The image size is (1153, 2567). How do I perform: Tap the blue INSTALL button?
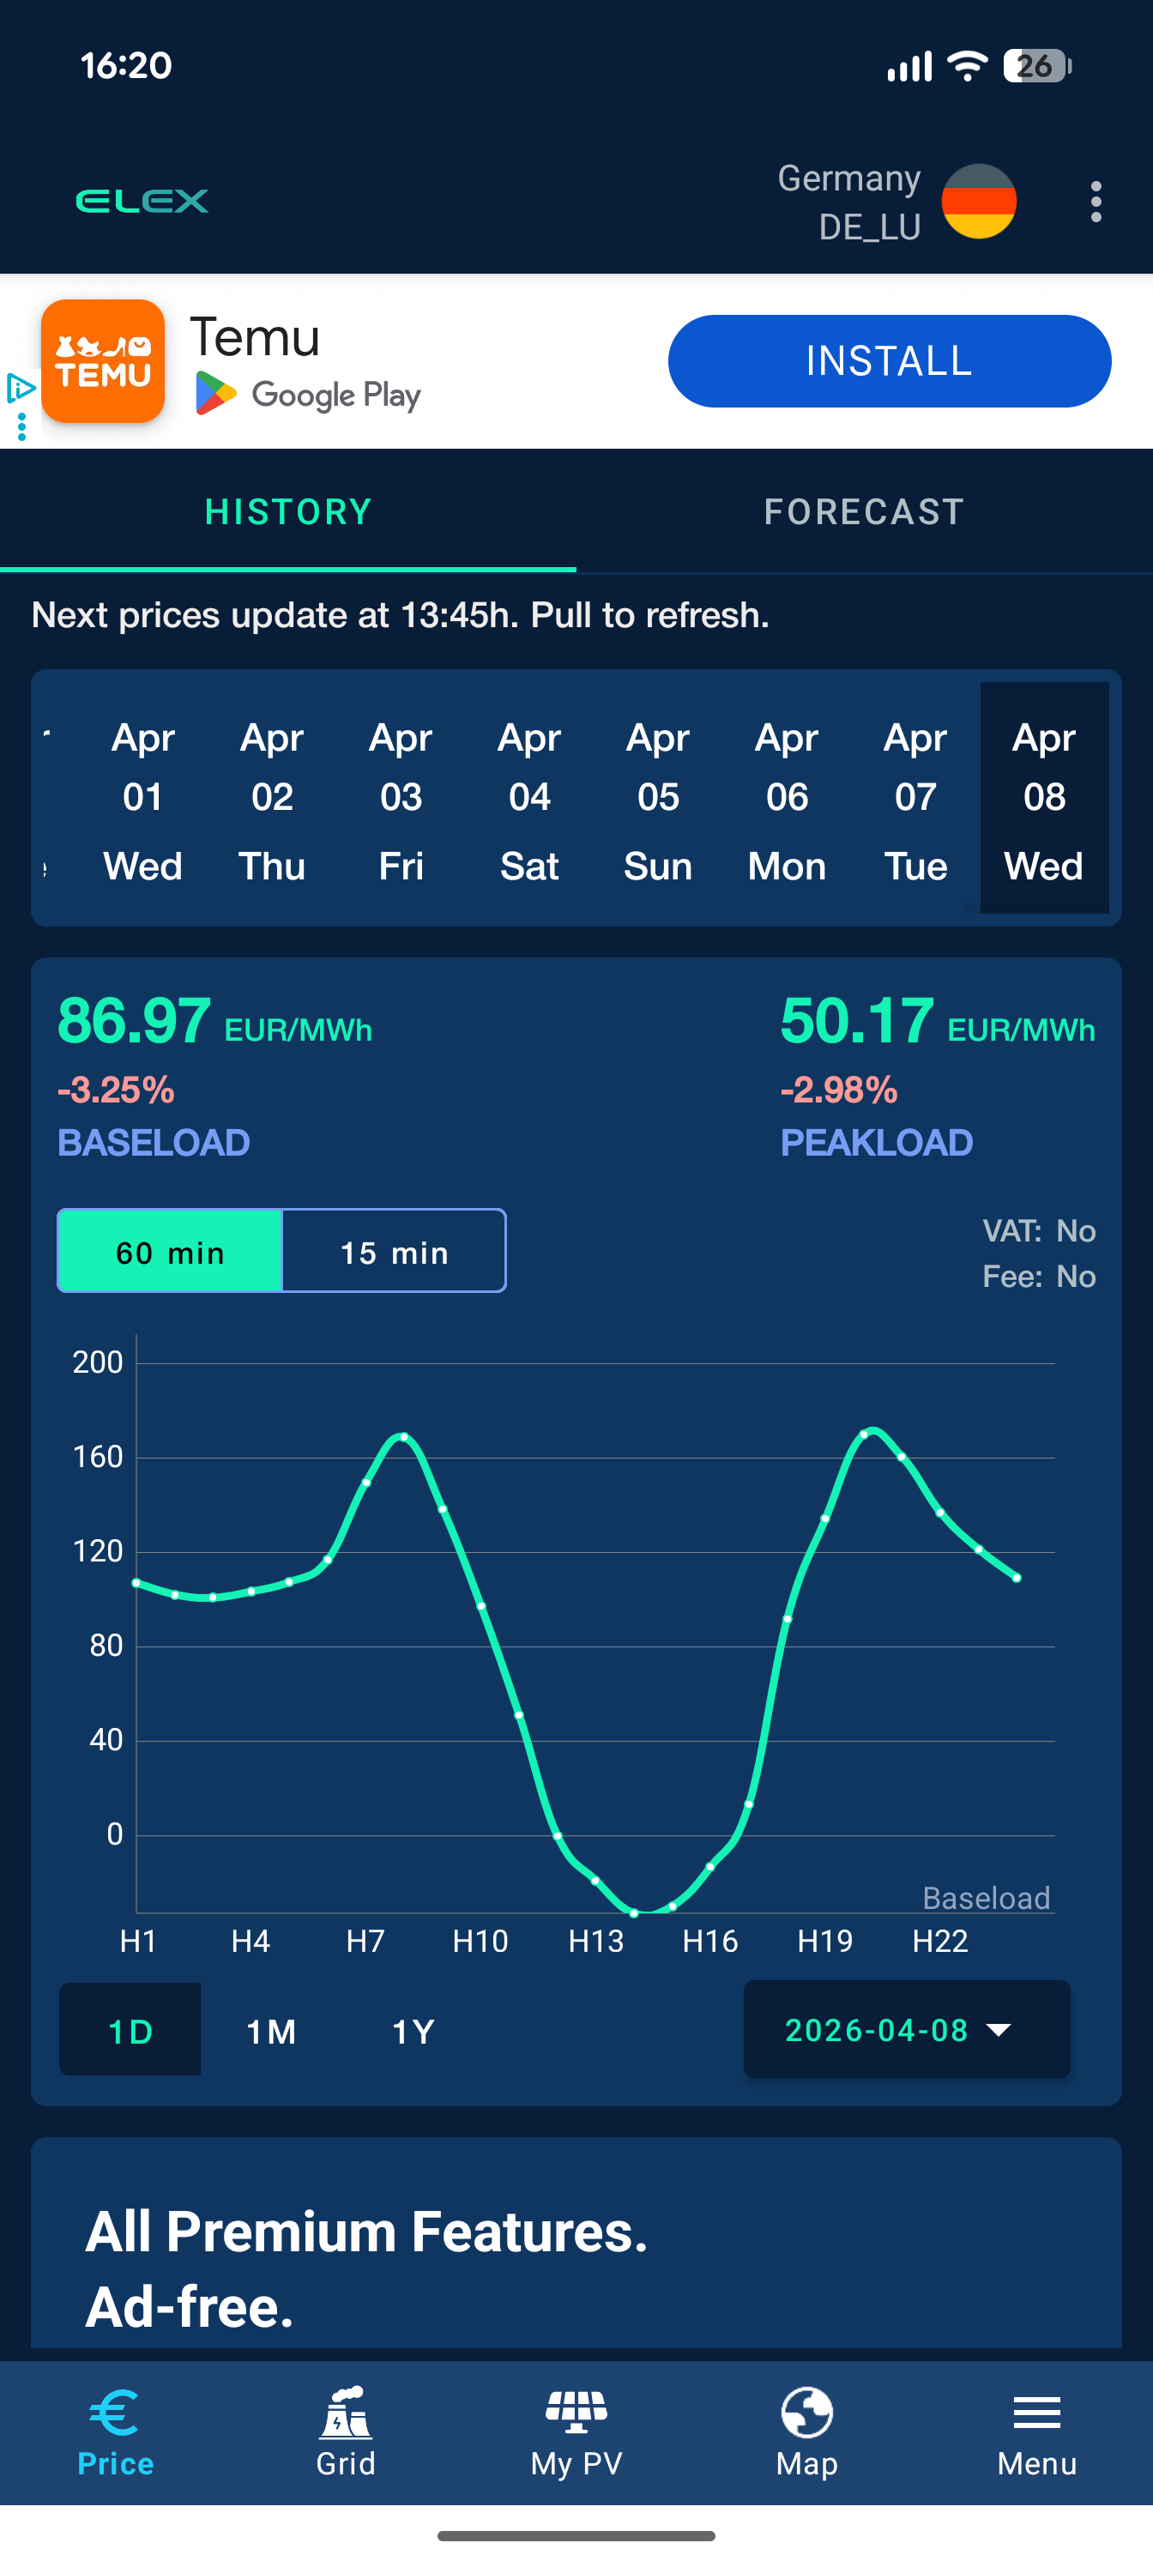pos(888,360)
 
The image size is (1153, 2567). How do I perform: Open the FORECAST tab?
pos(864,511)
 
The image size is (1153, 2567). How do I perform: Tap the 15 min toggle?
pos(395,1252)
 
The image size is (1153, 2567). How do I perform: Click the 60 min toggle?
pos(171,1252)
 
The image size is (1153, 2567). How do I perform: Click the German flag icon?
pos(979,202)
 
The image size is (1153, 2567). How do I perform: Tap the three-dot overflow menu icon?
pos(1096,202)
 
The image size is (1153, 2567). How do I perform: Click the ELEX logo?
pos(142,202)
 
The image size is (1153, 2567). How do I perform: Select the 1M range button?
pos(271,2031)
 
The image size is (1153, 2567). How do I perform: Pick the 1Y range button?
pos(413,2031)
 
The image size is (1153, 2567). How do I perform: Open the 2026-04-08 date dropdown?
pos(906,2029)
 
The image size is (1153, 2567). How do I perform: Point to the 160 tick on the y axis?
pos(98,1457)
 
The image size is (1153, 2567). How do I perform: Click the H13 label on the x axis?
pos(596,1940)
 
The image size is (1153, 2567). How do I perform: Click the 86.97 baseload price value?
pos(135,1022)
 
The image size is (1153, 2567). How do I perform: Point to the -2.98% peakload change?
pos(838,1090)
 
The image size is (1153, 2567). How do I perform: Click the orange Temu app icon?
pos(103,360)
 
